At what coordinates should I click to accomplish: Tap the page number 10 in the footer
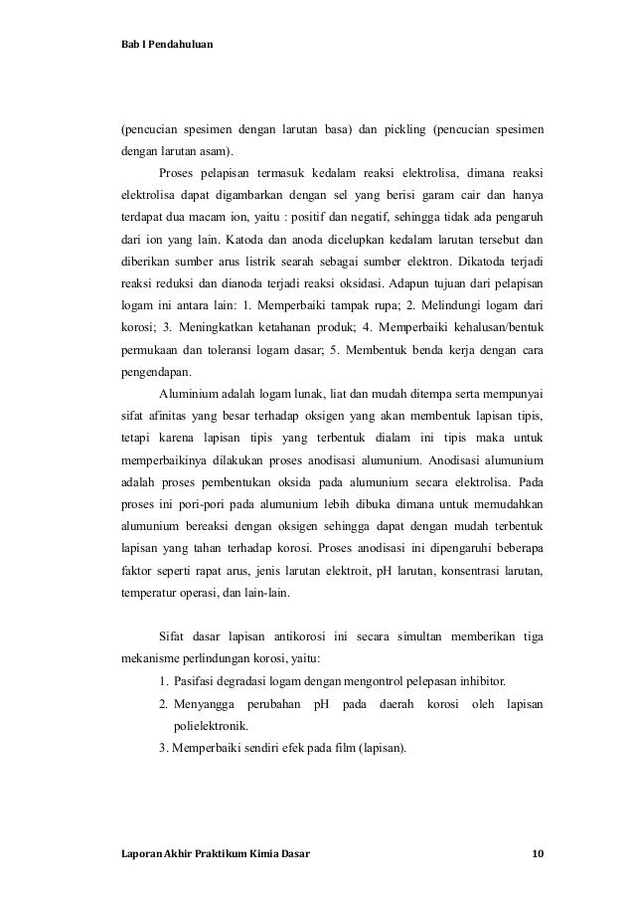(x=538, y=853)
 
